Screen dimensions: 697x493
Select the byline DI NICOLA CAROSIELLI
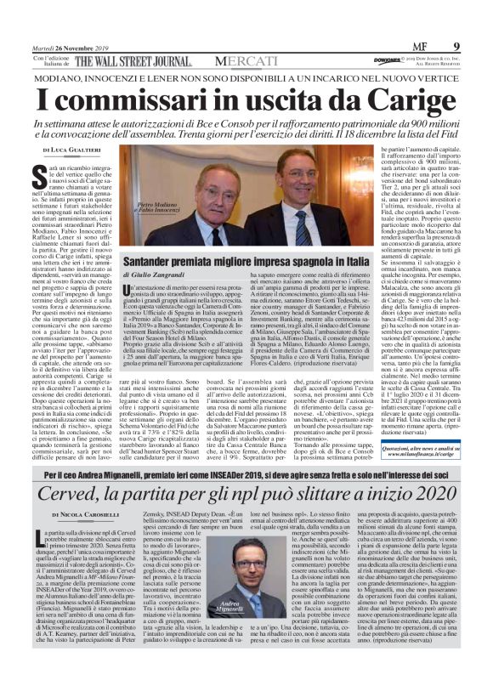tap(83, 516)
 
